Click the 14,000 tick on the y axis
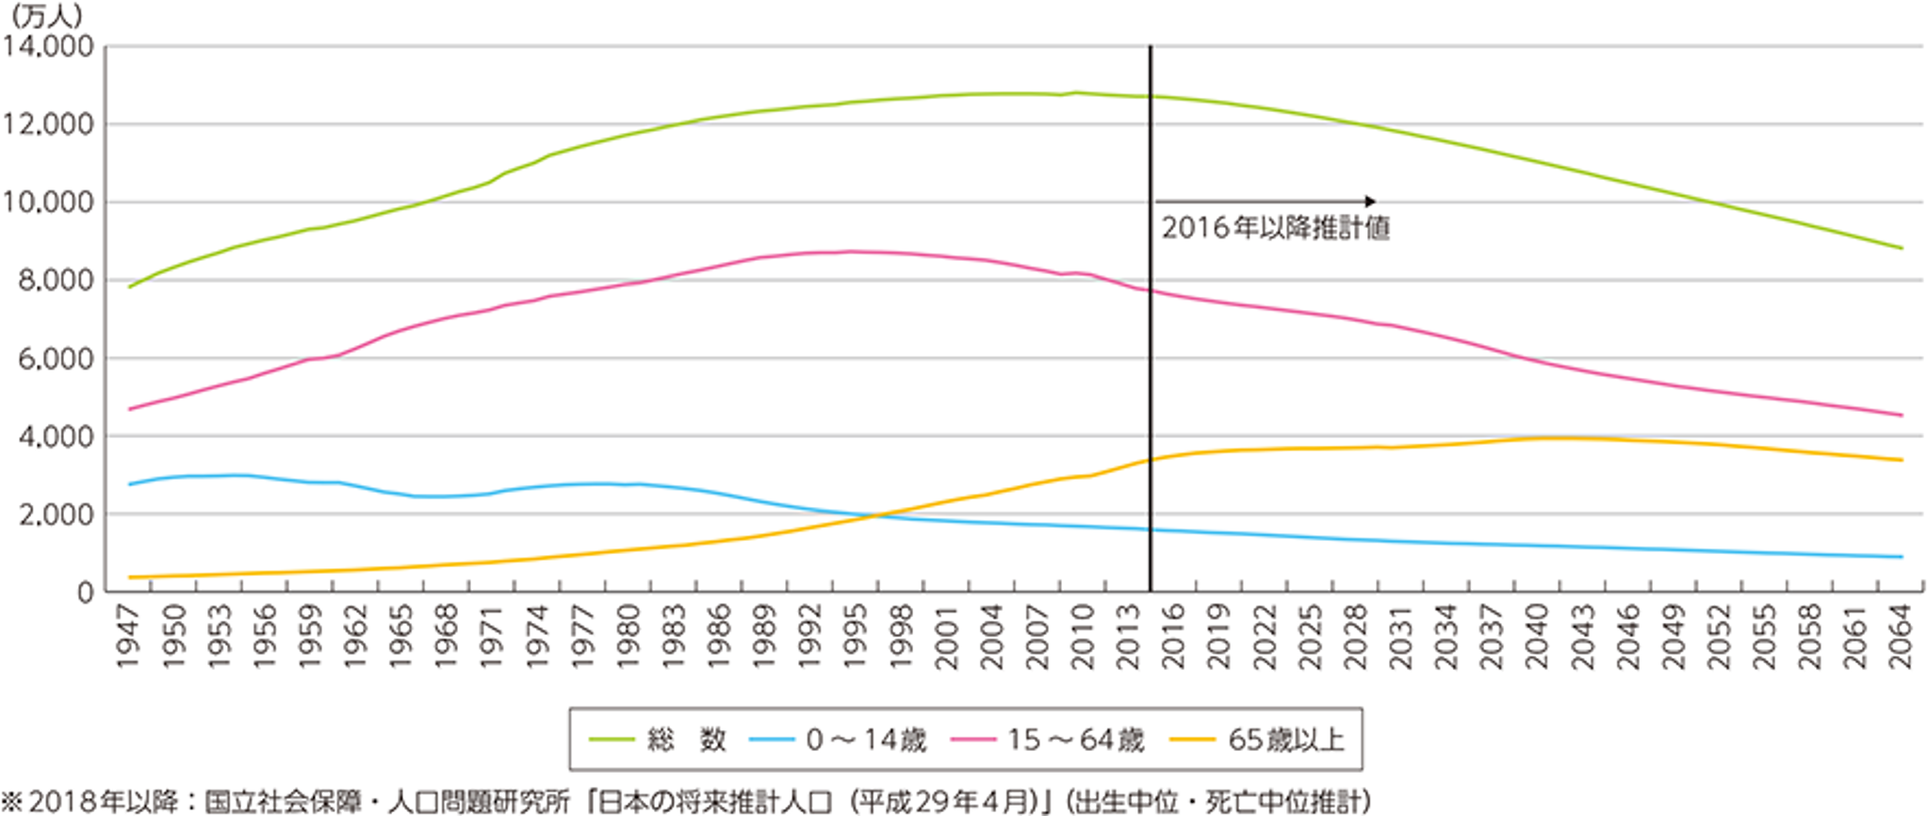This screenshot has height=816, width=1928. point(49,46)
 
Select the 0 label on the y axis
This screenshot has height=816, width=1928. point(86,593)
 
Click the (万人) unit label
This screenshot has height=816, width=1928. point(44,16)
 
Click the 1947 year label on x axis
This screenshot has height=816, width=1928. point(128,637)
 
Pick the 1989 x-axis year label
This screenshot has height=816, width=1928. point(765,637)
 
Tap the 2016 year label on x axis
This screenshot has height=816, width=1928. point(1174,637)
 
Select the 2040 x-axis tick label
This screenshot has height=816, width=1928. point(1538,637)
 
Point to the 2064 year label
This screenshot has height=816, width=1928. point(1901,637)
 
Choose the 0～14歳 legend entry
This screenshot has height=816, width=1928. point(839,740)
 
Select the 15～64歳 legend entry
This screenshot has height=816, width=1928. point(1048,740)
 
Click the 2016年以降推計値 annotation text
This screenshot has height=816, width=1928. point(1275,228)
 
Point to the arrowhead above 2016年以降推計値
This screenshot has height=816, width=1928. point(1371,202)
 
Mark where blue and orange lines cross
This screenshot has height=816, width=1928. point(873,515)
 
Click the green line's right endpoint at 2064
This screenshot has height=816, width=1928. point(1902,248)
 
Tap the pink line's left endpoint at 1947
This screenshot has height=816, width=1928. point(129,409)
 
